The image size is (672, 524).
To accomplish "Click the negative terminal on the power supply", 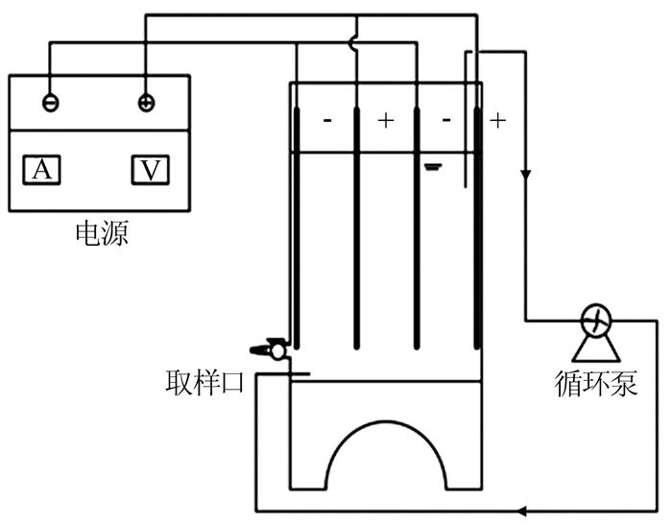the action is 51,103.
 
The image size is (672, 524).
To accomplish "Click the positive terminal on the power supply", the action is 146,103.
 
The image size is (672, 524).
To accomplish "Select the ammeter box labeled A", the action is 41,170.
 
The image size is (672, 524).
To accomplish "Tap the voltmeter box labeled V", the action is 151,170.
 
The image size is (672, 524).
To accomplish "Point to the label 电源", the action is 102,233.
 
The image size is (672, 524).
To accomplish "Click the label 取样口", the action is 204,382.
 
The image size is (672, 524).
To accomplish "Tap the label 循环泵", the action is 596,384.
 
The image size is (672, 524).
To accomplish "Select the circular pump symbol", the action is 596,320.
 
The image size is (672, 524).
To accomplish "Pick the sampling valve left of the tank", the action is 269,350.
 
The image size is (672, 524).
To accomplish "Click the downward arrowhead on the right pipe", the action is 526,175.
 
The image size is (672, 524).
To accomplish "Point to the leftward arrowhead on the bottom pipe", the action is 521,511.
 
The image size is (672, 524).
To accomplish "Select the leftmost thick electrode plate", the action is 297,228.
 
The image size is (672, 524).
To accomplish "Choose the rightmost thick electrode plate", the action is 477,228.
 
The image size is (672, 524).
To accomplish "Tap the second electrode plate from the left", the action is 356,228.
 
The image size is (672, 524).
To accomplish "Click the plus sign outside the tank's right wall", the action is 497,121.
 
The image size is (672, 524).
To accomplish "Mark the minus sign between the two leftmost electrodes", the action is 327,120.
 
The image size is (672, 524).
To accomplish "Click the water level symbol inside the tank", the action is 433,167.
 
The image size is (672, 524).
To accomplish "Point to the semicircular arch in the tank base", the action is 386,421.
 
